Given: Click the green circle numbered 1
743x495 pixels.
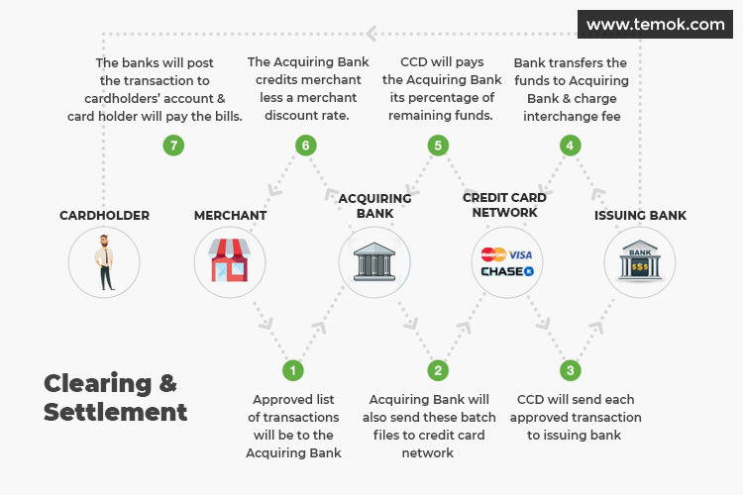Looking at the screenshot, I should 292,370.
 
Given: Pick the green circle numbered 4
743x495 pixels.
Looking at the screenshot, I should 569,146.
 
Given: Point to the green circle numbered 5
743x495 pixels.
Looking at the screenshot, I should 437,146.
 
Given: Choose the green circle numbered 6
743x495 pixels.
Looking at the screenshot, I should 305,146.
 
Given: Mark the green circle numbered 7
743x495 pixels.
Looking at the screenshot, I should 173,146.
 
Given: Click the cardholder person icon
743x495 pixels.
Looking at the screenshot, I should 104,262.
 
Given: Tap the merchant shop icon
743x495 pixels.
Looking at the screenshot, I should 231,262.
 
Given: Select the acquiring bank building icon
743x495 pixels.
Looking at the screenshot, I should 374,262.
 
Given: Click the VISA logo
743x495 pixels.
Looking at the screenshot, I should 520,254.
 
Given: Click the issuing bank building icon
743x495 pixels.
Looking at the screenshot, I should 639,262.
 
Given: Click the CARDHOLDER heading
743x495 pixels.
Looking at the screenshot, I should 104,215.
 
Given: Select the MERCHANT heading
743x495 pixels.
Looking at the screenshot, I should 231,215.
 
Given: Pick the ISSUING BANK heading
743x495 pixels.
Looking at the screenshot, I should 640,215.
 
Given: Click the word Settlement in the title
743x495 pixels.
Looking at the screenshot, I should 115,411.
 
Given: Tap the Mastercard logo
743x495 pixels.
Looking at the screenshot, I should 492,254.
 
